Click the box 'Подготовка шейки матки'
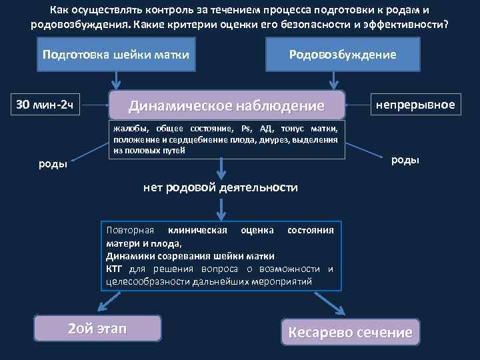pyautogui.click(x=115, y=54)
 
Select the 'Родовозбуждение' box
pyautogui.click(x=342, y=54)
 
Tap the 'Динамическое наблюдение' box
pyautogui.click(x=227, y=105)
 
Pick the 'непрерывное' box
pyautogui.click(x=415, y=105)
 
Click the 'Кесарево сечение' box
pyautogui.click(x=350, y=331)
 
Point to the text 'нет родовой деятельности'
pyautogui.click(x=221, y=188)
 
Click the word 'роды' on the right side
pyautogui.click(x=405, y=159)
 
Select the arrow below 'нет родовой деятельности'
pyautogui.click(x=221, y=208)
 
